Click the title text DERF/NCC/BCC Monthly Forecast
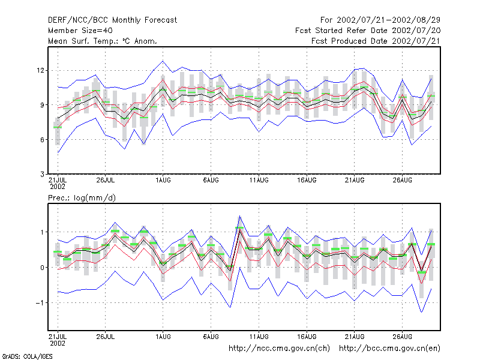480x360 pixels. [112, 20]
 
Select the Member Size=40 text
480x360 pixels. [80, 31]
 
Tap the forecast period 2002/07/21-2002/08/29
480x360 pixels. [388, 20]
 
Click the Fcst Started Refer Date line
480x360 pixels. [368, 31]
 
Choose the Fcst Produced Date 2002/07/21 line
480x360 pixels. [376, 41]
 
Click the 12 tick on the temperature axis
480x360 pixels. [40, 70]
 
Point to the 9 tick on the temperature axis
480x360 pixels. [42, 105]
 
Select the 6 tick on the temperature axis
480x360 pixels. [42, 140]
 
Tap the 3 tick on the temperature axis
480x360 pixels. [42, 174]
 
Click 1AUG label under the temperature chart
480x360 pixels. [163, 181]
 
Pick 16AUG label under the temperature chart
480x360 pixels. [307, 181]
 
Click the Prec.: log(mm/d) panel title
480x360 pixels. [82, 198]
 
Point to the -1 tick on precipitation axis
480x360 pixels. [40, 303]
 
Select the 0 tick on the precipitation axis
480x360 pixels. [42, 268]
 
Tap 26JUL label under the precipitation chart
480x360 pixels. [106, 337]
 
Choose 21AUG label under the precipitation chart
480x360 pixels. [355, 337]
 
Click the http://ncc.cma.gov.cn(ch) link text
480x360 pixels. [279, 349]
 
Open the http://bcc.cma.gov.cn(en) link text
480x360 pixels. [389, 349]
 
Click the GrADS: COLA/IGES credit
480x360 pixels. [28, 356]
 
